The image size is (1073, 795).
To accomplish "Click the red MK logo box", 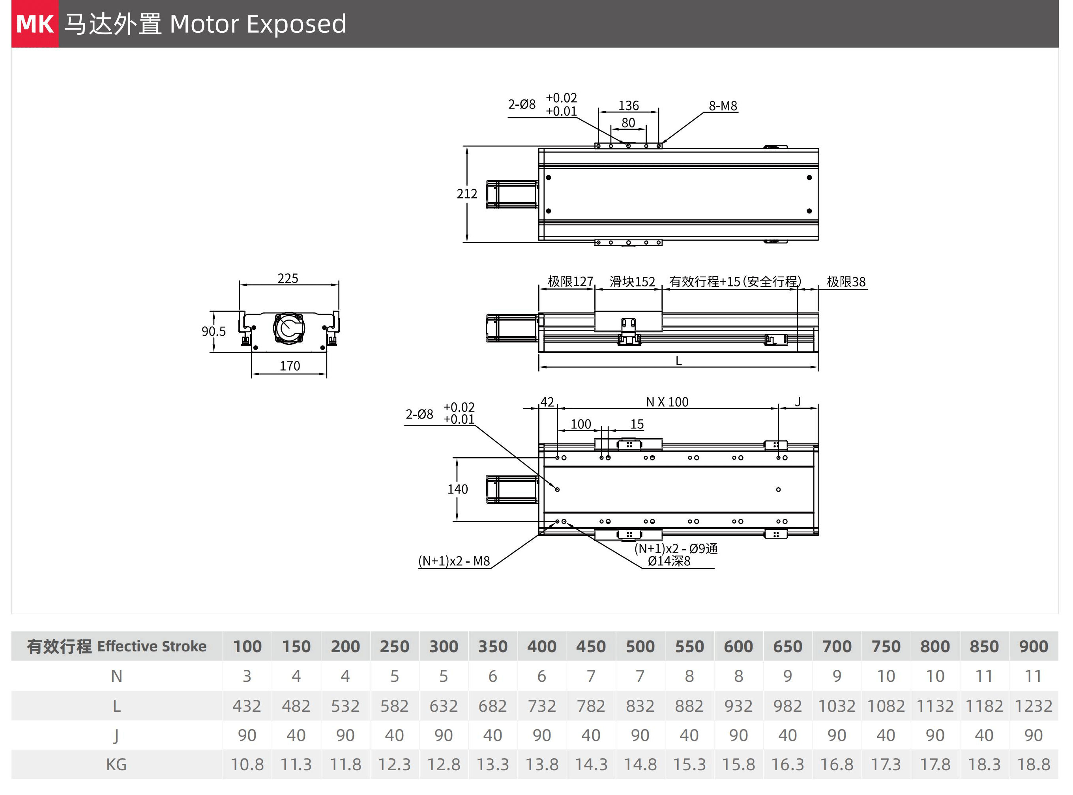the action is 35,24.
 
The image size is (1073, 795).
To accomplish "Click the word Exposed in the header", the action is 296,24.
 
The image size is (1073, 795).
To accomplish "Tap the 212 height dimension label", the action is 466,194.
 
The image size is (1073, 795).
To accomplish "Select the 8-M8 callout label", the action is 723,106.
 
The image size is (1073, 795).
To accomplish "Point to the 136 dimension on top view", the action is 628,105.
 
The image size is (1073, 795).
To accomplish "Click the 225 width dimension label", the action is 287,278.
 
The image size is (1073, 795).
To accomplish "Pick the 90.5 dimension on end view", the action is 213,331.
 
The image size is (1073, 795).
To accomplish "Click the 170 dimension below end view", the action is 289,366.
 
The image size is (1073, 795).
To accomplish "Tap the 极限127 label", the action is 570,282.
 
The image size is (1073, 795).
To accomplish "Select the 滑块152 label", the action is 632,282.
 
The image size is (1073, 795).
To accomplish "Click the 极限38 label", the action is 846,282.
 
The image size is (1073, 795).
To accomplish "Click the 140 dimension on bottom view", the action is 457,489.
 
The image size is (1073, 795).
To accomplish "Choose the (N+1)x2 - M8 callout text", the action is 454,561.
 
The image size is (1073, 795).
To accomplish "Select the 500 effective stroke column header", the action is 640,646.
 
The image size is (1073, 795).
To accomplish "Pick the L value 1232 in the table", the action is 1033,706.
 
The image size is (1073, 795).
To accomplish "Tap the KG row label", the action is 116,765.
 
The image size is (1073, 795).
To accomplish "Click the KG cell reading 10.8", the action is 247,765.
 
